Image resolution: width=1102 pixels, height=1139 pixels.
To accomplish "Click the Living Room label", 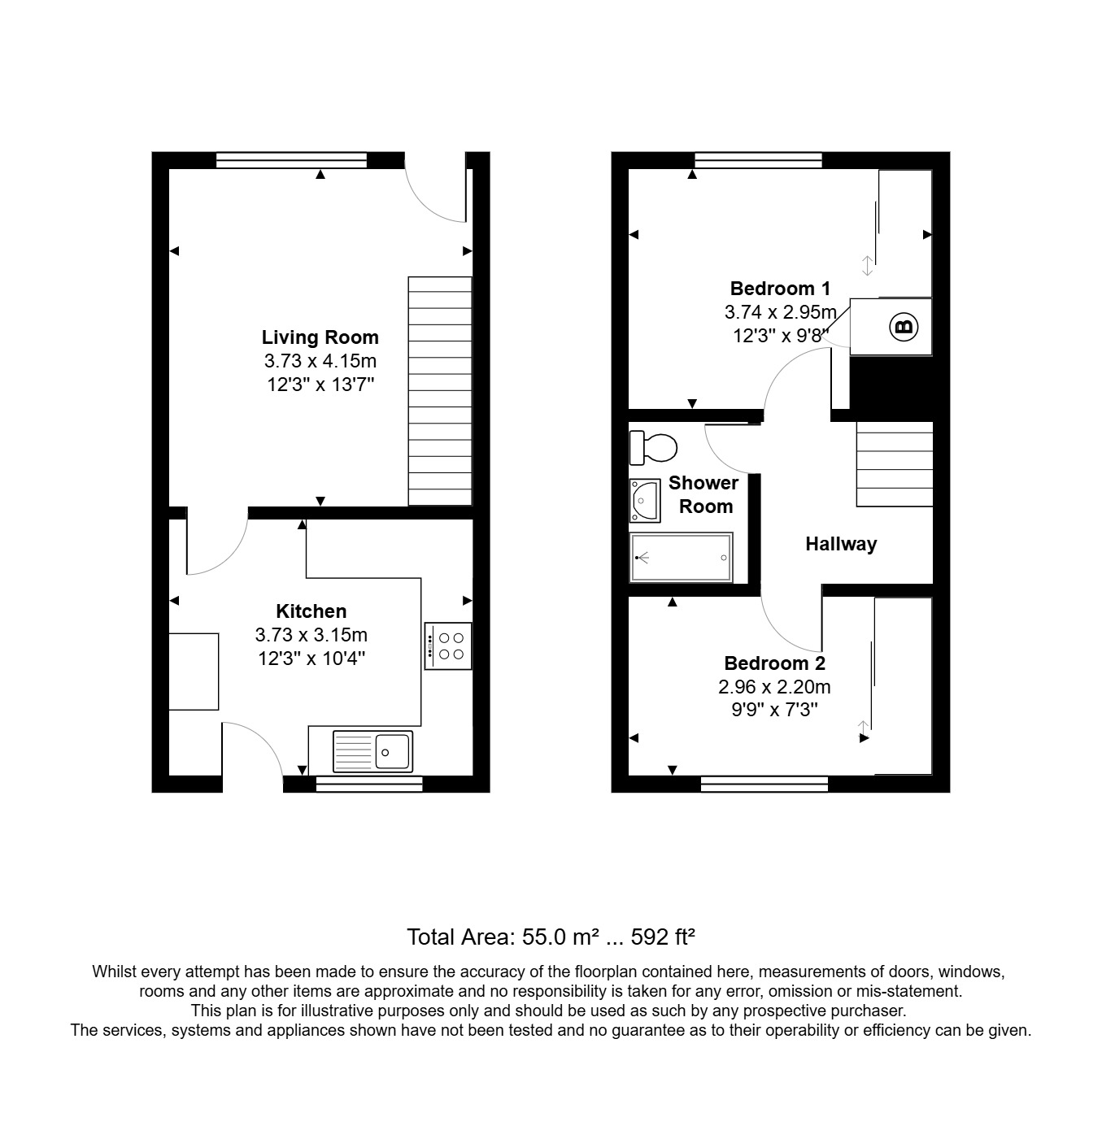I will click(320, 337).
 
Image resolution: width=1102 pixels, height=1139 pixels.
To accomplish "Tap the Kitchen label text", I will click(311, 611).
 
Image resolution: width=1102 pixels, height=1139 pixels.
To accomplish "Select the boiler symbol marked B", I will click(904, 328).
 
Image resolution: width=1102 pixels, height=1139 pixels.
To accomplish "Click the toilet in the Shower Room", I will click(654, 446).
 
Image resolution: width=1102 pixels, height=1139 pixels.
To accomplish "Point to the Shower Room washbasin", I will click(644, 499).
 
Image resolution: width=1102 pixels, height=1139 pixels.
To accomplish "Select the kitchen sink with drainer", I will click(372, 750).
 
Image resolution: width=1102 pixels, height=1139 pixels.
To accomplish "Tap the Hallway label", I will click(841, 544).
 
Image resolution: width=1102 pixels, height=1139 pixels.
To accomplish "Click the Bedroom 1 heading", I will click(780, 289).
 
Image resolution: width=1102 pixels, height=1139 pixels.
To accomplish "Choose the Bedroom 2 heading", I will click(774, 663).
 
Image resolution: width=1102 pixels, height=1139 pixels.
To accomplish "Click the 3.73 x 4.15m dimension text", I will click(320, 361).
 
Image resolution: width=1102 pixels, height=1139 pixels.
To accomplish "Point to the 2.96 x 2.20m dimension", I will click(774, 687).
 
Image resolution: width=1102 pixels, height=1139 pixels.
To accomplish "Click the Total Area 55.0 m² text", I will click(550, 937).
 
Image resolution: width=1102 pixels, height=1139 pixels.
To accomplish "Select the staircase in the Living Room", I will click(440, 391).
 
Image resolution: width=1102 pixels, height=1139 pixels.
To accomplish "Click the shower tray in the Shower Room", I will click(682, 558).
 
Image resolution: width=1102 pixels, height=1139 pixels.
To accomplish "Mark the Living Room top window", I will click(292, 160).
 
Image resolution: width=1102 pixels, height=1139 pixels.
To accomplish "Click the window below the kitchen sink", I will click(369, 784).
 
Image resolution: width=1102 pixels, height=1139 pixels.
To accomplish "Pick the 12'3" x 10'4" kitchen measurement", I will click(311, 658).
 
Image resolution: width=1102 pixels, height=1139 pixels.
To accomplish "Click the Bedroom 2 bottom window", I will click(764, 784).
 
